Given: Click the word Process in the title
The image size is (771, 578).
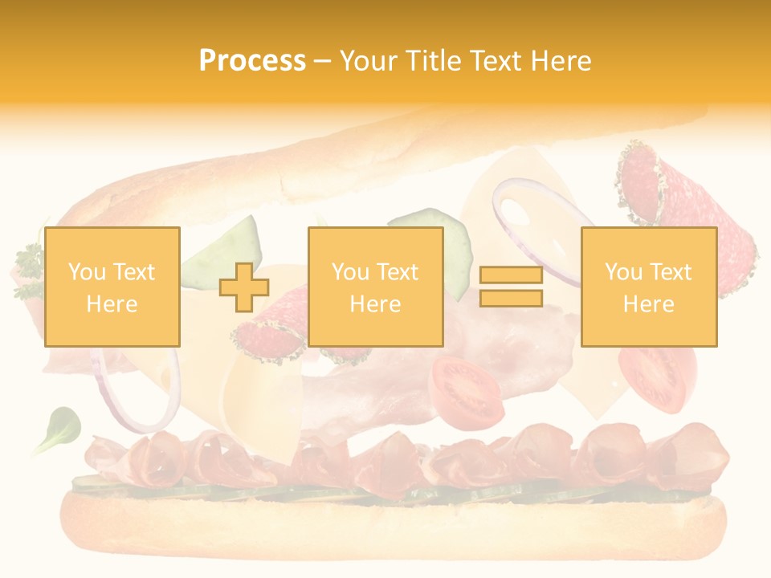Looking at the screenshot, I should click(252, 61).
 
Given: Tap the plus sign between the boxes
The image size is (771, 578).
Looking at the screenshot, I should click(244, 287).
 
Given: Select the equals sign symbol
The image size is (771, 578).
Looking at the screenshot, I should click(511, 287).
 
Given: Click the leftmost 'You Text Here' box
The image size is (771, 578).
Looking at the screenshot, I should click(112, 287).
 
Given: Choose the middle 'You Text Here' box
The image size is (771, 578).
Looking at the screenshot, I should click(375, 287).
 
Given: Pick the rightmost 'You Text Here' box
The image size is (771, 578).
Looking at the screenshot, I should click(648, 287).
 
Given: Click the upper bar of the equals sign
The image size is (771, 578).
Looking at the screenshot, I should click(511, 275).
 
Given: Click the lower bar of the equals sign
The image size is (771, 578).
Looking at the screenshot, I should click(511, 299).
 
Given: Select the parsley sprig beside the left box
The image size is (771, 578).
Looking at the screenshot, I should click(29, 273).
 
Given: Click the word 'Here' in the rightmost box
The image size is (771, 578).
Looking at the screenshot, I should click(648, 304).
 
